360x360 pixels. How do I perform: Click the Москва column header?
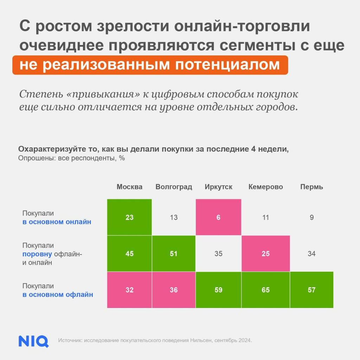point(129,187)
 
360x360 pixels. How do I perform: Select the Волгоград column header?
point(174,187)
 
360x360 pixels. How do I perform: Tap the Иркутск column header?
point(218,187)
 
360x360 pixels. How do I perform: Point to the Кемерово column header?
point(265,187)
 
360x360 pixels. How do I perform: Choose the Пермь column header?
point(311,187)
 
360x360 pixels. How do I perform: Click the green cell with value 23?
point(129,217)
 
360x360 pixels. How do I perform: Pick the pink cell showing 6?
point(218,217)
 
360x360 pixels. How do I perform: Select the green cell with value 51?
point(174,253)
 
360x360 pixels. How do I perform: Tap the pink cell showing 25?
point(265,253)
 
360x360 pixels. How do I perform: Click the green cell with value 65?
point(265,290)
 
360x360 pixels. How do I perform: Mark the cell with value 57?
point(311,290)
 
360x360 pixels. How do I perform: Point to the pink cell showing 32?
point(129,290)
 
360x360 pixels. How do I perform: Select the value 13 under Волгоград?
point(174,217)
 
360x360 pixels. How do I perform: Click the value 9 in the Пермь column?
point(311,217)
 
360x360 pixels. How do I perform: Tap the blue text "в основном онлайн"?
point(57,222)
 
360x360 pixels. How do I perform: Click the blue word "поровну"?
point(37,254)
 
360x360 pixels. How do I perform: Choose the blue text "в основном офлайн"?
point(58,295)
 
